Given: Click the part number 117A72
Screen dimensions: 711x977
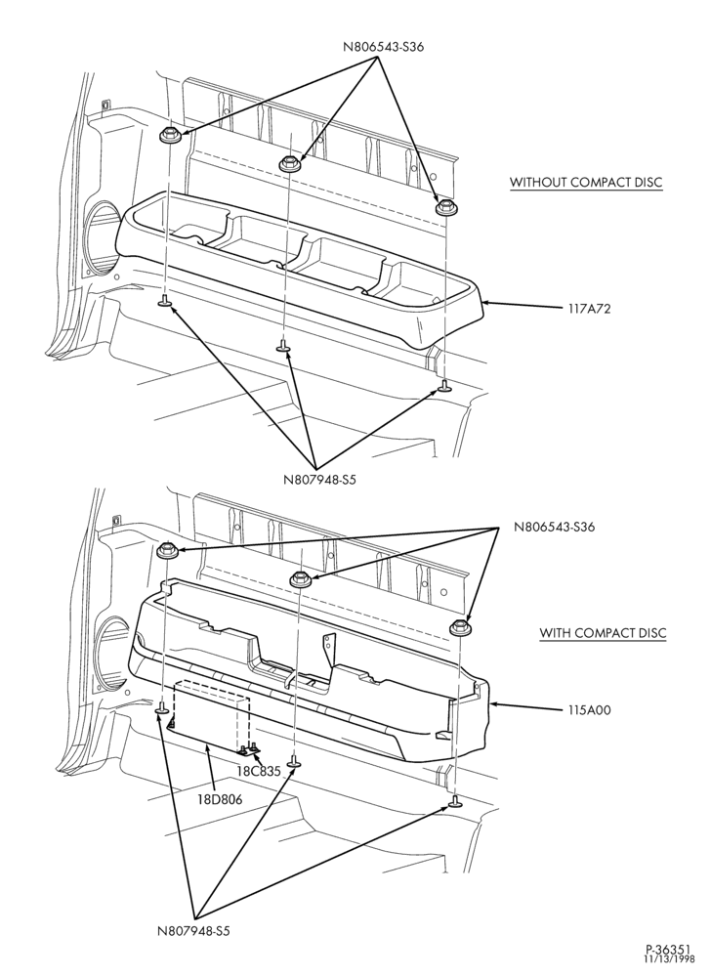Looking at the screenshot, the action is [589, 308].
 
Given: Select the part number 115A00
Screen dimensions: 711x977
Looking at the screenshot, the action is [589, 709].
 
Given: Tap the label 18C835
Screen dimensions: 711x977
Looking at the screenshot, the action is [259, 771].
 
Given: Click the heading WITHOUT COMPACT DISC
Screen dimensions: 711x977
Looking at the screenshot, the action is [587, 183].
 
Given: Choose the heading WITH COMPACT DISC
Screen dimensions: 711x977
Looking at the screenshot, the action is [603, 633].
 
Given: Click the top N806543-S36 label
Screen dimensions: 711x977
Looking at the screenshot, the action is [384, 47].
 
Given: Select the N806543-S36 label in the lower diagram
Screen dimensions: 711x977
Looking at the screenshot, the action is [554, 527].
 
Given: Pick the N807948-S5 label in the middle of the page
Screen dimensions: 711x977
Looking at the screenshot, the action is [319, 480].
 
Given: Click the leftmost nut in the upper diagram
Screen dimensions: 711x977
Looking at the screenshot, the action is [169, 135].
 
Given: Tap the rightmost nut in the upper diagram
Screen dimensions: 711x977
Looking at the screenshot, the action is [444, 206].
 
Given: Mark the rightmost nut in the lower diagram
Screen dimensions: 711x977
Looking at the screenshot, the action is [461, 628].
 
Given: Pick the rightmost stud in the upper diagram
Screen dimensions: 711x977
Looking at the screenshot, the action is [444, 386].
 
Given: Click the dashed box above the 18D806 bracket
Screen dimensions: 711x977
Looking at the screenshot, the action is [211, 715].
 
